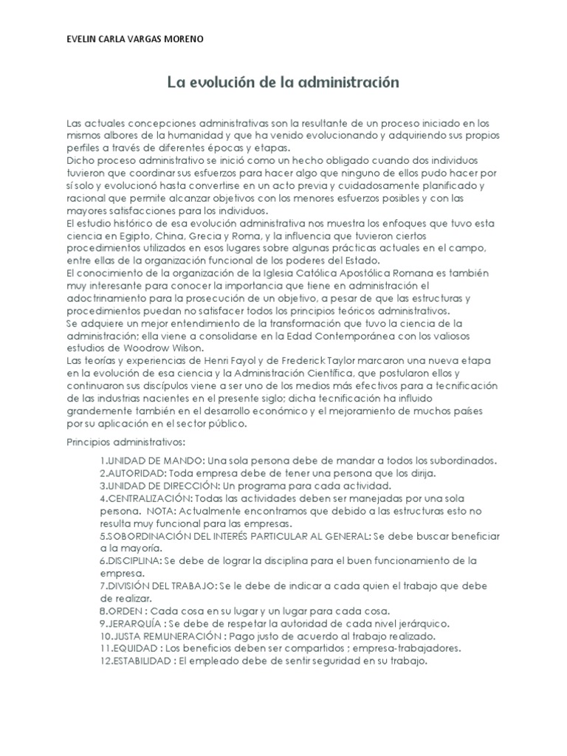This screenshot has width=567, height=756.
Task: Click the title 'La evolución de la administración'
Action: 283,82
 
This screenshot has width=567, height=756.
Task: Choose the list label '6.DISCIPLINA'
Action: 131,561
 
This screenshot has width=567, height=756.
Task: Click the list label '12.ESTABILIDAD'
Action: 137,661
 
